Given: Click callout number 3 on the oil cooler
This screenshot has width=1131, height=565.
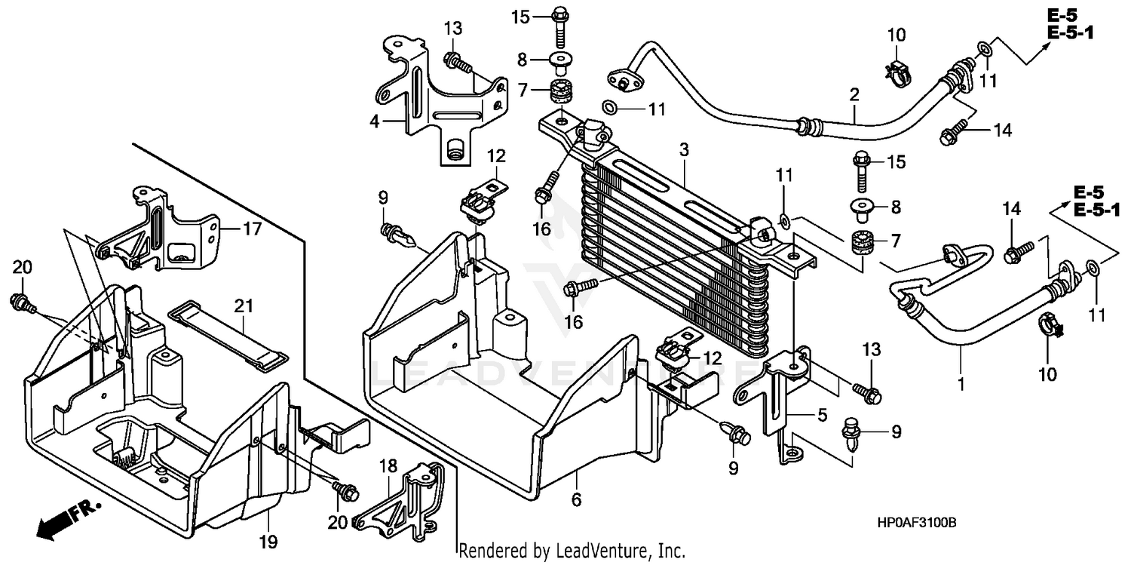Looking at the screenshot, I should point(683,150).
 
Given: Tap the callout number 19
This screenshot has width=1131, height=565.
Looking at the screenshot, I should point(269,541).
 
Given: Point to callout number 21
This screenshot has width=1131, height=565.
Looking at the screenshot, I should point(243,306).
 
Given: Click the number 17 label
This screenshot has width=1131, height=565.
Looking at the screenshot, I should point(252,229).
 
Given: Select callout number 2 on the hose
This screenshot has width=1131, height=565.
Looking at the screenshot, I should point(854,95).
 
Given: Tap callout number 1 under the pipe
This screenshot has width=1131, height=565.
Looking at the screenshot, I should point(961,384).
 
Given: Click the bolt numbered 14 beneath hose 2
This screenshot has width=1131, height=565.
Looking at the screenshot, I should point(952,137).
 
